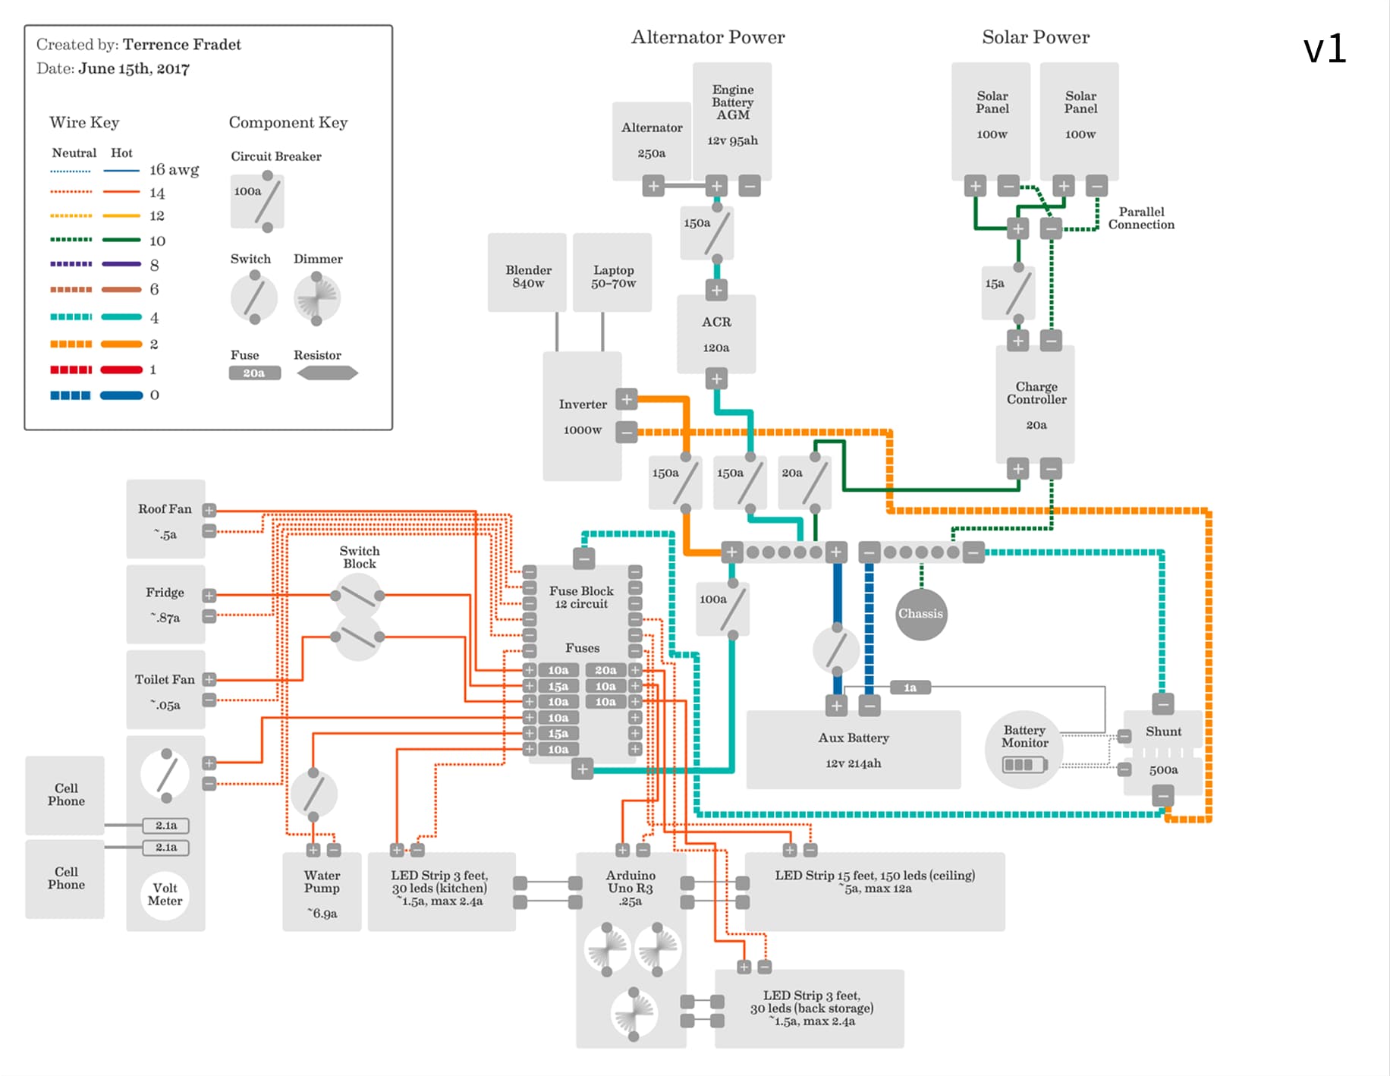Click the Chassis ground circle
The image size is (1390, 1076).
tap(920, 614)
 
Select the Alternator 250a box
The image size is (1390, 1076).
tap(652, 140)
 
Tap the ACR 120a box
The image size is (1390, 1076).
tap(716, 334)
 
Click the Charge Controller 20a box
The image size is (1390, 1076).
tap(1036, 404)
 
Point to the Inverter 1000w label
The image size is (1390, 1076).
tap(583, 417)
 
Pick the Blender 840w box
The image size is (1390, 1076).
tap(527, 273)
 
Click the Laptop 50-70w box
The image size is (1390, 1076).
tap(612, 273)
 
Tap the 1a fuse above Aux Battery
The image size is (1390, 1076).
tap(910, 687)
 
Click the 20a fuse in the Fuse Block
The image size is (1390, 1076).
tap(605, 670)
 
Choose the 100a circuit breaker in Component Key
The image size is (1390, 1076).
tap(257, 202)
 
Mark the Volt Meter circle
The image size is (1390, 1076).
tap(165, 895)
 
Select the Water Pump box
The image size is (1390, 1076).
tap(322, 892)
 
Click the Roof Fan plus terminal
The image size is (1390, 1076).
tap(209, 510)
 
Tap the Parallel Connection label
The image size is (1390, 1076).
tap(1141, 218)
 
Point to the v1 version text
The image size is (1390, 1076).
tap(1324, 49)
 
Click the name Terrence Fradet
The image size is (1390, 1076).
tap(181, 45)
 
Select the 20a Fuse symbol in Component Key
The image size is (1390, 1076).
tap(254, 373)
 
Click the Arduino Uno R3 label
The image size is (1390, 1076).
tap(630, 888)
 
